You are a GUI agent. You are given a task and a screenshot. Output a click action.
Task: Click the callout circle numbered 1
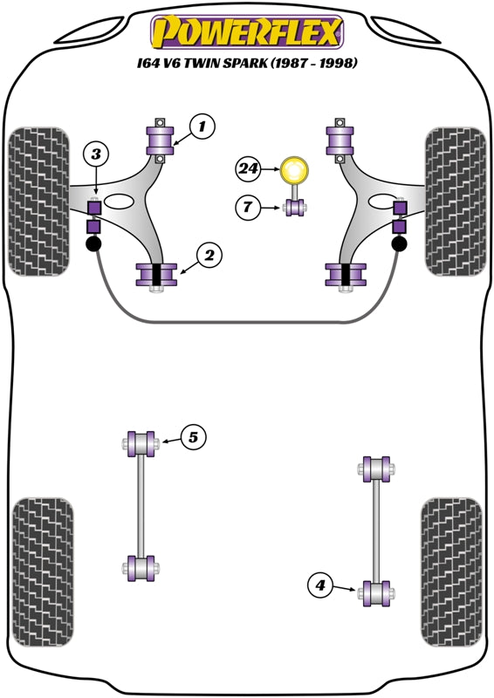pyautogui.click(x=201, y=127)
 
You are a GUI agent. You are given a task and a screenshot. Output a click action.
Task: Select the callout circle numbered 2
pyautogui.click(x=209, y=256)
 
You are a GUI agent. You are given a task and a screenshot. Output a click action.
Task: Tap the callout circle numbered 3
pyautogui.click(x=95, y=155)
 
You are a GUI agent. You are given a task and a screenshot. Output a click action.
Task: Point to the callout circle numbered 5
pyautogui.click(x=195, y=437)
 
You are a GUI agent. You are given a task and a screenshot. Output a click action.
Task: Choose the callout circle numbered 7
pyautogui.click(x=249, y=207)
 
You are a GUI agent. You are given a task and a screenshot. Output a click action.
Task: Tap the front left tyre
pyautogui.click(x=38, y=201)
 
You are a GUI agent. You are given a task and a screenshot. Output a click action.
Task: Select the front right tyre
pyautogui.click(x=454, y=201)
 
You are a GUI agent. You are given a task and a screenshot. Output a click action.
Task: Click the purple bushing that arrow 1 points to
pyautogui.click(x=161, y=140)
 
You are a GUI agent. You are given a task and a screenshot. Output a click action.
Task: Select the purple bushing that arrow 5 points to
pyautogui.click(x=140, y=442)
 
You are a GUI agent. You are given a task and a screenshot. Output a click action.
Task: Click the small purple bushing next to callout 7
pyautogui.click(x=295, y=208)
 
